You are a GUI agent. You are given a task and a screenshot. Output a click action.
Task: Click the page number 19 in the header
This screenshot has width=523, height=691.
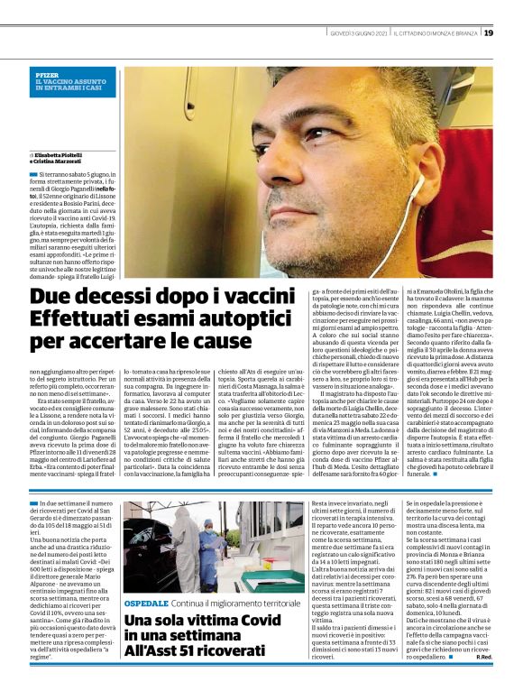point(488,32)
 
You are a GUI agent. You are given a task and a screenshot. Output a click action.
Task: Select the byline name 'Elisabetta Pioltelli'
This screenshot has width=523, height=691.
point(58,154)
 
